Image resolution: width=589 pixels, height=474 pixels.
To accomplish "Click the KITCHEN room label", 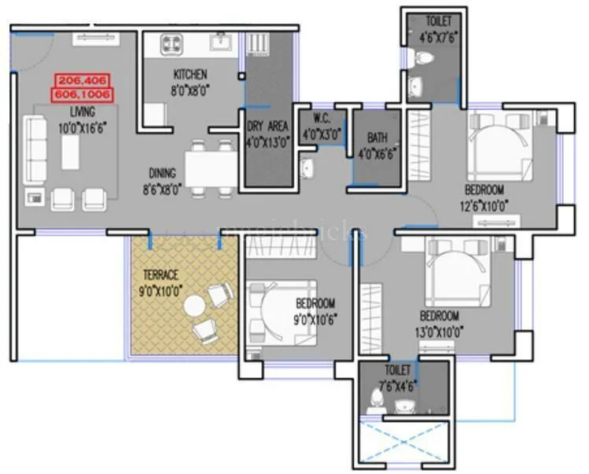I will (x=190, y=75).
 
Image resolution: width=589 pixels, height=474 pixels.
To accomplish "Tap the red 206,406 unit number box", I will (x=83, y=80).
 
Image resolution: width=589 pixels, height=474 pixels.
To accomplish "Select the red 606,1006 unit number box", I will (x=83, y=94).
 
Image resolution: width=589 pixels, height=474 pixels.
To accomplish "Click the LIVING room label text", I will (x=82, y=111).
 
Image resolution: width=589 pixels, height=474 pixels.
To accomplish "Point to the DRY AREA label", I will (x=267, y=126).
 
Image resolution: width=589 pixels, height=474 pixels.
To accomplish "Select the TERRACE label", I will (x=160, y=274).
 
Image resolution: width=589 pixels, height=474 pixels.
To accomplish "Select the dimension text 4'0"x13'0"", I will (x=267, y=143).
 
